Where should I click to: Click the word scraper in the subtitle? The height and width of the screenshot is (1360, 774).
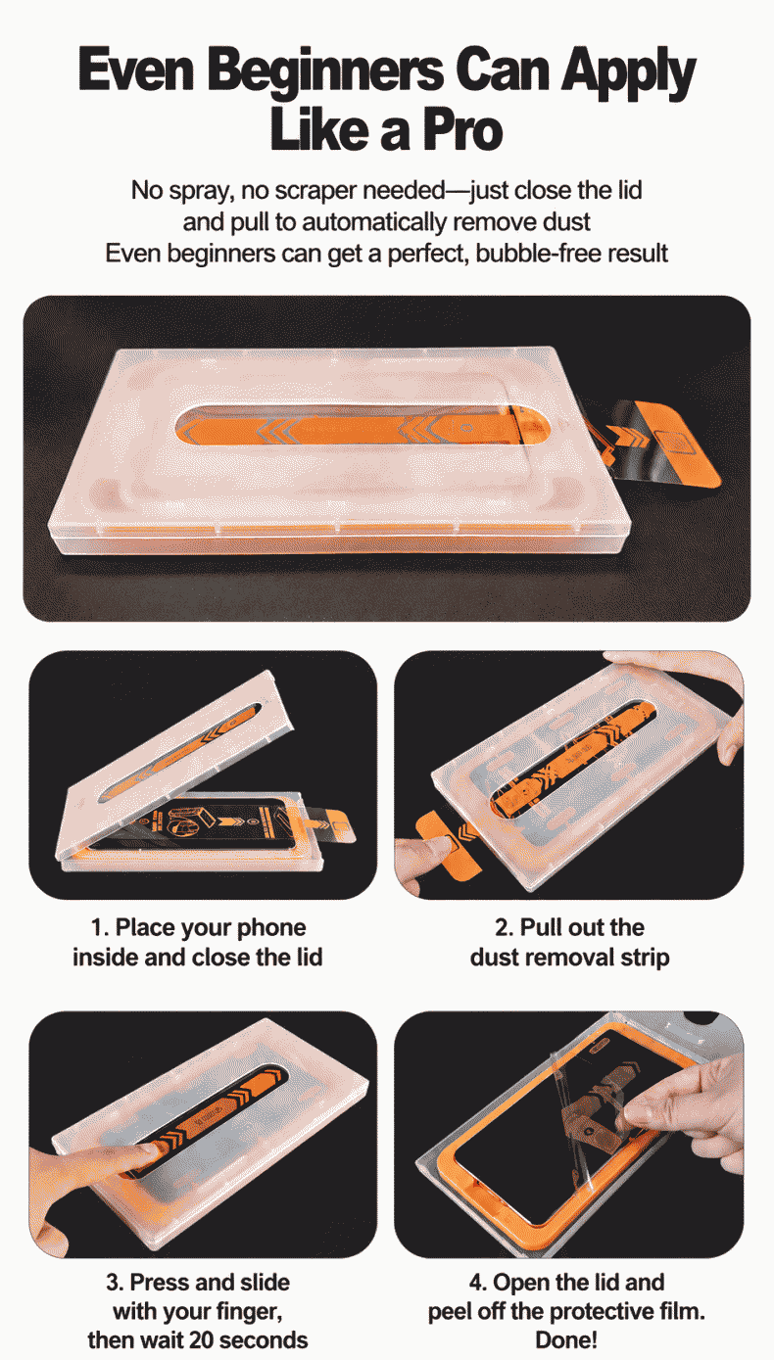[x=315, y=191]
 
